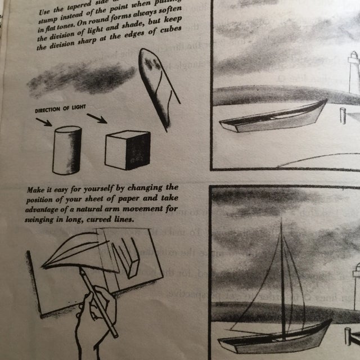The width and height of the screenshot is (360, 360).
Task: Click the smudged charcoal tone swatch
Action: pos(79,78)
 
